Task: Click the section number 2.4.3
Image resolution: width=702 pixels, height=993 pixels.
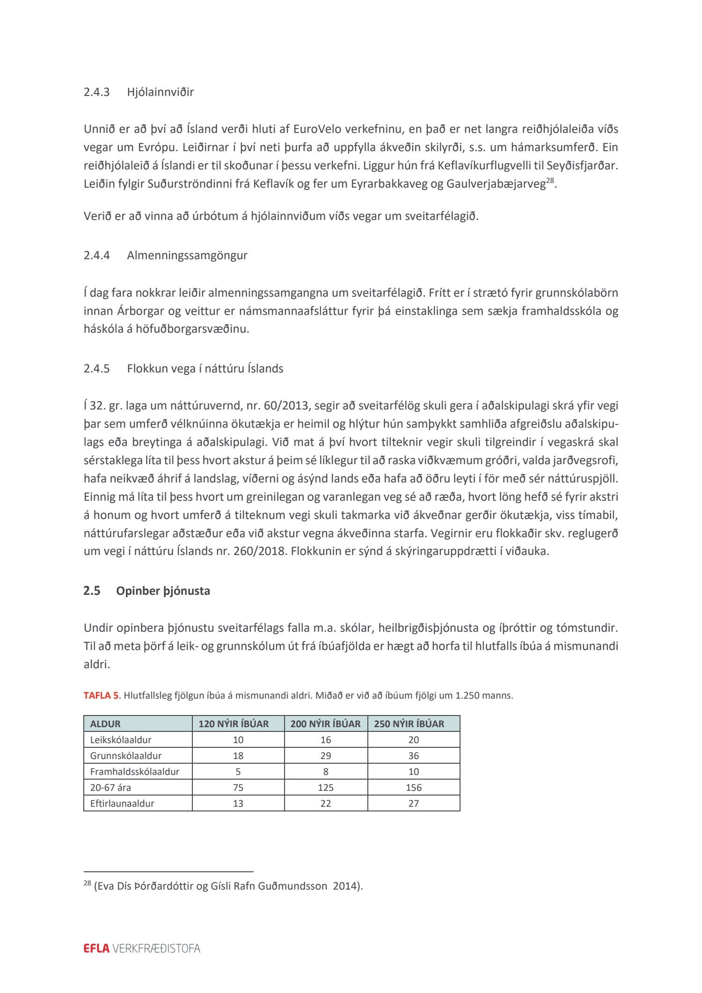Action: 96,92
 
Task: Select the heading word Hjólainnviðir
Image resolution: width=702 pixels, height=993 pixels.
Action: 160,92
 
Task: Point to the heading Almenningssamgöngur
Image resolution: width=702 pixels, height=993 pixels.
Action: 187,256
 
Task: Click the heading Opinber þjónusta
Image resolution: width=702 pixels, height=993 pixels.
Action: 163,591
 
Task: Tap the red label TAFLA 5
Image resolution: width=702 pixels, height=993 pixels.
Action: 101,695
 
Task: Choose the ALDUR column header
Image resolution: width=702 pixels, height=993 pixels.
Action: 105,724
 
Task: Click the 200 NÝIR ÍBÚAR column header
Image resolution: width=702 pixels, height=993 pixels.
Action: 325,724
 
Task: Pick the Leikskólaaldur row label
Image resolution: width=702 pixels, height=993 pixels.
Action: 121,740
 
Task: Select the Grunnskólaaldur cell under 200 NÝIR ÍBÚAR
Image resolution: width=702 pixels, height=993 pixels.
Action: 326,756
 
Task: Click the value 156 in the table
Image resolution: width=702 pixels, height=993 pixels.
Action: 414,788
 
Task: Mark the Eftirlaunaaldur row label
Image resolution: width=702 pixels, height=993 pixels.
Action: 122,803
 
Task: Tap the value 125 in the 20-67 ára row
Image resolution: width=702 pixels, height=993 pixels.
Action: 326,788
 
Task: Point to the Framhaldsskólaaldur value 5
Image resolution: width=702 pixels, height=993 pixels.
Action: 238,772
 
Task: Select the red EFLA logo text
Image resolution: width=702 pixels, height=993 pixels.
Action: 96,949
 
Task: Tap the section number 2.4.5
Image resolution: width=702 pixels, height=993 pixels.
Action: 96,369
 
